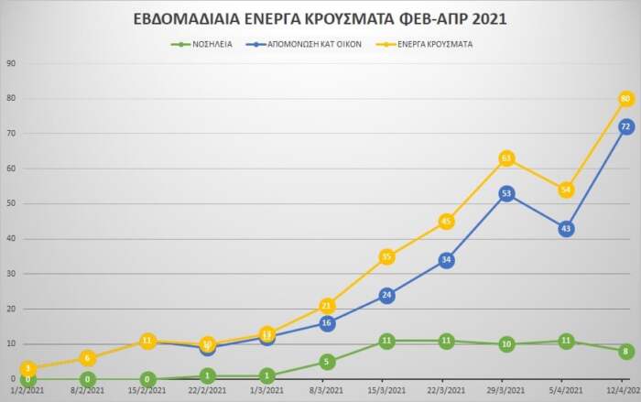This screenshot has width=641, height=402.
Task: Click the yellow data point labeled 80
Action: click(626, 98)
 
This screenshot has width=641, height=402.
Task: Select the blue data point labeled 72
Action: click(626, 126)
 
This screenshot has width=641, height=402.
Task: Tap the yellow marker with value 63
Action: click(506, 158)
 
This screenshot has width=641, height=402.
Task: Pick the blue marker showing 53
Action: click(506, 193)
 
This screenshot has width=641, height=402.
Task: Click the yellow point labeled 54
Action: click(566, 190)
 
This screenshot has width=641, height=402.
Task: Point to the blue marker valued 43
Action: click(566, 228)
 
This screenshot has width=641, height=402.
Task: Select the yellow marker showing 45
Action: click(447, 221)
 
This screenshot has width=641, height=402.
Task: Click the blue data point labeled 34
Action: click(447, 260)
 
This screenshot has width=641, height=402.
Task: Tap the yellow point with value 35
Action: click(386, 256)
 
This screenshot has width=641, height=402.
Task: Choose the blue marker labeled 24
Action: click(386, 295)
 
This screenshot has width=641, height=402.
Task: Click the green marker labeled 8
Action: click(626, 351)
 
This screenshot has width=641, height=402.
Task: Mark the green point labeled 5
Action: click(327, 362)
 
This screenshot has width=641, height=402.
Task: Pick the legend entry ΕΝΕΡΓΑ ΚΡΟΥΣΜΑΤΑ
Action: click(429, 43)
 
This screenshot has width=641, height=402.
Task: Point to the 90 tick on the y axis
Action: click(11, 63)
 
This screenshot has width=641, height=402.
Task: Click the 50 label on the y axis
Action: click(11, 203)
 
